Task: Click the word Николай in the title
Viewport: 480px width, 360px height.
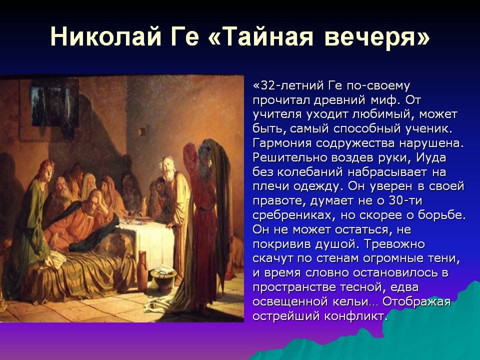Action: click(x=105, y=36)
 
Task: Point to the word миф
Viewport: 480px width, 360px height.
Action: click(x=381, y=100)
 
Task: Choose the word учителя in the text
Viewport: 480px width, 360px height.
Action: click(x=277, y=114)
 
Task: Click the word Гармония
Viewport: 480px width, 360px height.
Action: click(x=282, y=143)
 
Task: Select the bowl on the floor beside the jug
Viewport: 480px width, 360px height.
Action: click(x=163, y=278)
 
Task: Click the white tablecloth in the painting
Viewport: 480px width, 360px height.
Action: click(x=150, y=242)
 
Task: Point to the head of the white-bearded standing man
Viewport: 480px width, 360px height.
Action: click(x=167, y=166)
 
